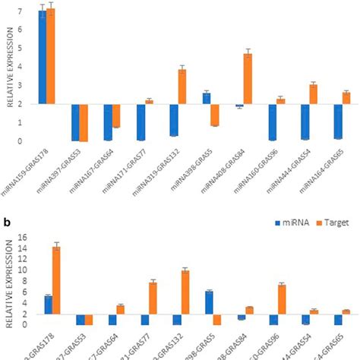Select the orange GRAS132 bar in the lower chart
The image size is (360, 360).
[185, 292]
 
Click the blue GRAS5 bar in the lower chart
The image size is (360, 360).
[209, 302]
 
